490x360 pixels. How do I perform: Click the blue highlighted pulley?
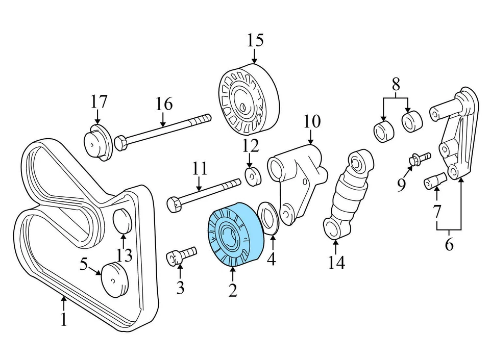(233, 234)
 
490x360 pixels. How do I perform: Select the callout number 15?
(255, 40)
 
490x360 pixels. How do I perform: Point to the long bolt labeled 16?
(163, 131)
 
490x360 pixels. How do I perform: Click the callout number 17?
(99, 101)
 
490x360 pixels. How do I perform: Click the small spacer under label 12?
(252, 176)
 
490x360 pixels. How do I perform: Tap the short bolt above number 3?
(181, 254)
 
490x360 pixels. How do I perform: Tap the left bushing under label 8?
(383, 131)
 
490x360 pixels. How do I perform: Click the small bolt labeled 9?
(419, 159)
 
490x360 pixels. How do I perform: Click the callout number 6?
(449, 244)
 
